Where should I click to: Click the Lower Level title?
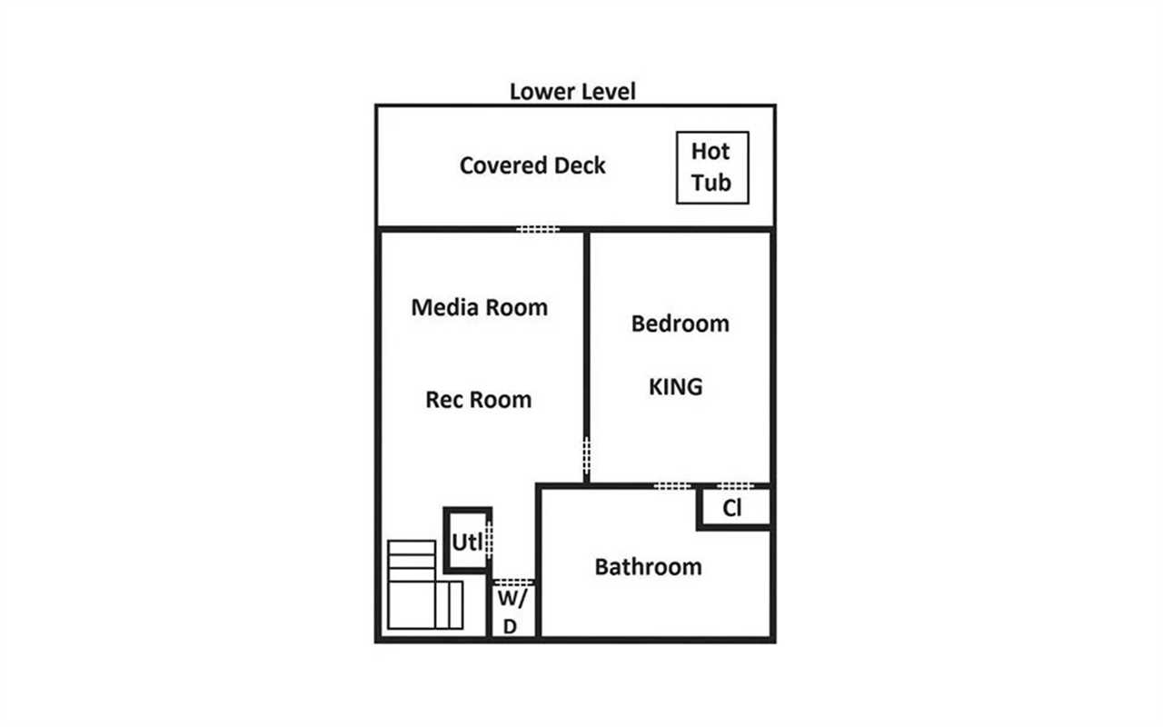(x=572, y=92)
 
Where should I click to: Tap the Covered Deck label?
(x=532, y=165)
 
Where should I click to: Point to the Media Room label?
(x=479, y=307)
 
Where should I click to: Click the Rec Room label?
(x=478, y=400)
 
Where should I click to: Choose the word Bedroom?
(x=681, y=324)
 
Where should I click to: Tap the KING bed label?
(x=675, y=387)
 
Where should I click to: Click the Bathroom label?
(x=648, y=567)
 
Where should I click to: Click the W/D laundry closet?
(x=513, y=611)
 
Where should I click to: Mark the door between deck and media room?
(x=538, y=229)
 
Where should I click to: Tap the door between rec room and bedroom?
(x=586, y=455)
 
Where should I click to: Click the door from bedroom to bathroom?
(x=671, y=486)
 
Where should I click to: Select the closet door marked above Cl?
(x=735, y=486)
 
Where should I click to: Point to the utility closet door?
(x=489, y=540)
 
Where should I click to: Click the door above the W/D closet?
(x=513, y=583)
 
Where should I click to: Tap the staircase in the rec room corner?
(x=424, y=584)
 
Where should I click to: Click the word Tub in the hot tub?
(x=711, y=183)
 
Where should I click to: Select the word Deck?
(x=580, y=165)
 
